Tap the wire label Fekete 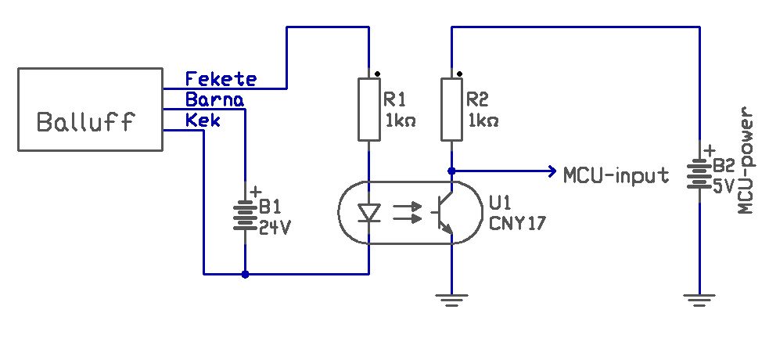221,79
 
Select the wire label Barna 215,99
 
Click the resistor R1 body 369,109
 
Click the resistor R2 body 451,109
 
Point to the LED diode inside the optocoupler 369,214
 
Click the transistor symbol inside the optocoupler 443,213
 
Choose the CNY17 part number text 517,223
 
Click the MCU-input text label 616,175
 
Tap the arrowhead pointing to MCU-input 553,171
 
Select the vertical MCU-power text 746,160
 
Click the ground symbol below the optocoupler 451,299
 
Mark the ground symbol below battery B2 700,299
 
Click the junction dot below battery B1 245,275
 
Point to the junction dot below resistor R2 451,171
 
